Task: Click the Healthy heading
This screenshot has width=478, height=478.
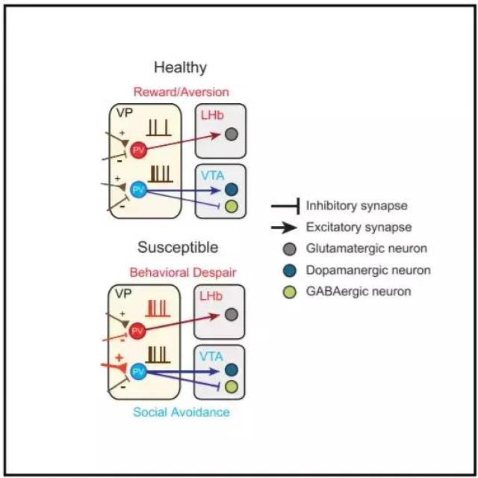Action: [180, 67]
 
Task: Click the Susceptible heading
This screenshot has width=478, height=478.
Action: [178, 248]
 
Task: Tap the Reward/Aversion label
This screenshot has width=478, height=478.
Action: [181, 92]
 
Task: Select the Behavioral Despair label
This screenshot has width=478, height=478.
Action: [183, 272]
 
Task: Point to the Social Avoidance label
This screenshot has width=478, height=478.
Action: [181, 412]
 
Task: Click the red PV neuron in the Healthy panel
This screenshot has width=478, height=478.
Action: [139, 150]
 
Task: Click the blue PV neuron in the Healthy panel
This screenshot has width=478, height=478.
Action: [139, 189]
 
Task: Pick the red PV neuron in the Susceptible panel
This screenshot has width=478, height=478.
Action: [137, 331]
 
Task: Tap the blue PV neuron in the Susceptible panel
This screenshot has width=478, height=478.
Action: [138, 372]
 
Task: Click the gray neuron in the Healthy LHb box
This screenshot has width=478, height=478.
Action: [232, 134]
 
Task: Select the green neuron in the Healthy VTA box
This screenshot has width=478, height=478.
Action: [232, 206]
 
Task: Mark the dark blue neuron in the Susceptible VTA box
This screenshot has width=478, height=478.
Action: [232, 370]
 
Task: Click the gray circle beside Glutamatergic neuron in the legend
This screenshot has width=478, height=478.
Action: [289, 249]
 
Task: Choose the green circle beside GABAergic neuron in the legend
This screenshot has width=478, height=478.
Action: [289, 292]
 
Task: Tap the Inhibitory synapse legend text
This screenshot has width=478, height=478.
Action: [357, 206]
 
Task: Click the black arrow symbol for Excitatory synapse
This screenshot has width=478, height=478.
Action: [284, 227]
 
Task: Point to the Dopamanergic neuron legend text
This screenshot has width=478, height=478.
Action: [368, 271]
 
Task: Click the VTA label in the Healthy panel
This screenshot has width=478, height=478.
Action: [212, 176]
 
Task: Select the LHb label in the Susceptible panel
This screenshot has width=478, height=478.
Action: [211, 296]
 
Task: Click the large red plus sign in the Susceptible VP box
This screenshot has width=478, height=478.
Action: [119, 358]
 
